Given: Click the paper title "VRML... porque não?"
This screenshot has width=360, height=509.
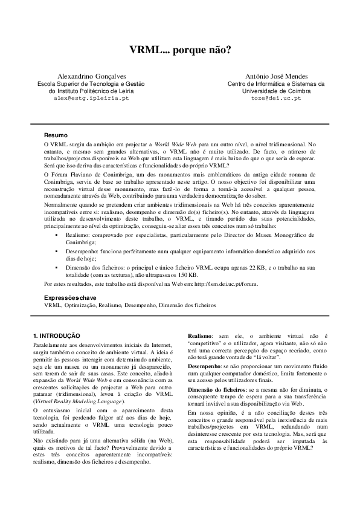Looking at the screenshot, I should pyautogui.click(x=180, y=51).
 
